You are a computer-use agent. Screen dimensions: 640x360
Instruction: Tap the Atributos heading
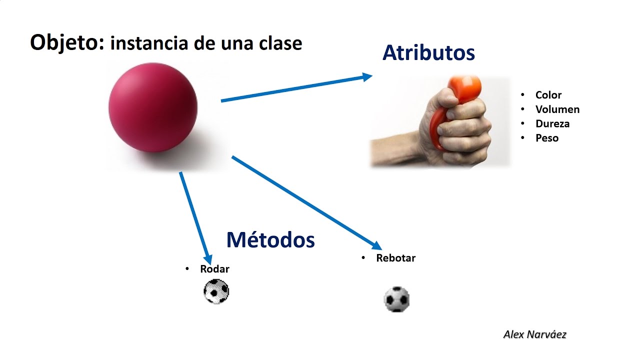pyautogui.click(x=428, y=53)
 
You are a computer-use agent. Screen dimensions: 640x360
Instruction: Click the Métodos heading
pyautogui.click(x=270, y=239)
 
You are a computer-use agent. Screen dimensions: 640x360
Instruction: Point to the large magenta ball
pyautogui.click(x=153, y=107)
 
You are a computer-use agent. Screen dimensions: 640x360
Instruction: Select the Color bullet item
pyautogui.click(x=548, y=95)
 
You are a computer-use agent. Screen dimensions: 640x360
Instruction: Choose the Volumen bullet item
pyautogui.click(x=557, y=109)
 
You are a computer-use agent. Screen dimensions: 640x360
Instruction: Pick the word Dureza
pyautogui.click(x=552, y=123)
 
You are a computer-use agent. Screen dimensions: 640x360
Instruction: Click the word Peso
pyautogui.click(x=547, y=138)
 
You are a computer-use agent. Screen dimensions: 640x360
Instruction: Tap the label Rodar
pyautogui.click(x=214, y=269)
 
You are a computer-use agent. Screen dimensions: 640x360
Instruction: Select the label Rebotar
pyautogui.click(x=395, y=258)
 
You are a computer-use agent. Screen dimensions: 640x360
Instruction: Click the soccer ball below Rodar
pyautogui.click(x=216, y=291)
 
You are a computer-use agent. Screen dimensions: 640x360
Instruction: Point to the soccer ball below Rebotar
pyautogui.click(x=396, y=299)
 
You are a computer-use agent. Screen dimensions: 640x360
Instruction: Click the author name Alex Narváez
pyautogui.click(x=535, y=334)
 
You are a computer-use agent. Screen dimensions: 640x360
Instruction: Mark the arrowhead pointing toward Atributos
pyautogui.click(x=367, y=77)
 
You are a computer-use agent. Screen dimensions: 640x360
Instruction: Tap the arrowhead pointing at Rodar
pyautogui.click(x=208, y=259)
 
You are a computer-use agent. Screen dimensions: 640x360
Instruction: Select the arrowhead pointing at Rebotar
pyautogui.click(x=376, y=245)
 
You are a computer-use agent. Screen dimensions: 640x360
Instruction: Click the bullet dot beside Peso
pyautogui.click(x=522, y=137)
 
